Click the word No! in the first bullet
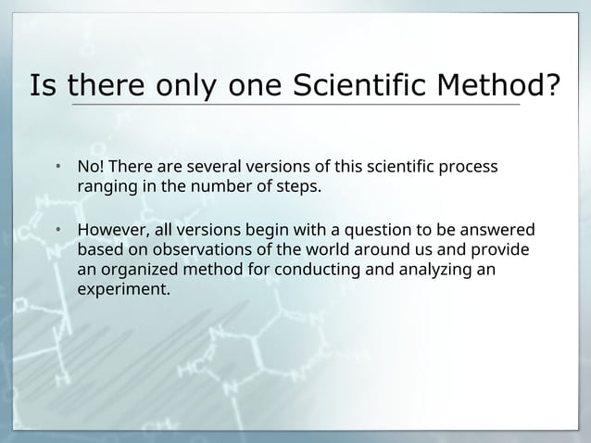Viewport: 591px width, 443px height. (x=90, y=168)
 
